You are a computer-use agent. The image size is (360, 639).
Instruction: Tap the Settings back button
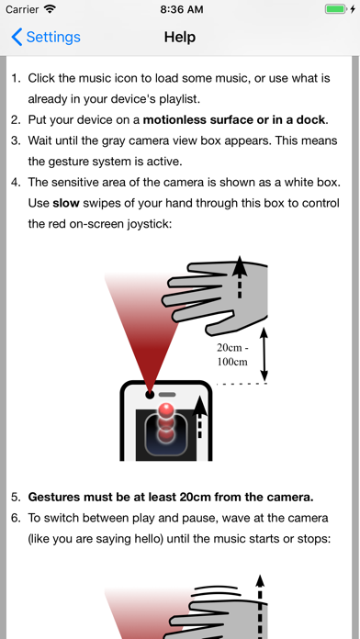tap(46, 37)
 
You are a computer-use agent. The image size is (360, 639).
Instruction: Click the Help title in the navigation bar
tap(180, 37)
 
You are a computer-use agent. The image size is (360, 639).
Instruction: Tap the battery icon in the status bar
tap(335, 9)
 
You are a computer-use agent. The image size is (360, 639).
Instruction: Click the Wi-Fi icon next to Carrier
tap(51, 9)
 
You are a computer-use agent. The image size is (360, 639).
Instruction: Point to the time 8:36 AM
tap(182, 9)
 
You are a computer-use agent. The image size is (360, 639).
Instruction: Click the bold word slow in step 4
tap(66, 203)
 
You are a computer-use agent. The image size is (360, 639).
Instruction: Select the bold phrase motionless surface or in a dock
tap(234, 119)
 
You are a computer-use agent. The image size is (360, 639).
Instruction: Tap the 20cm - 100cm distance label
tap(232, 354)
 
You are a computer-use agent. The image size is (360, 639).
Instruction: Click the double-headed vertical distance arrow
tap(264, 354)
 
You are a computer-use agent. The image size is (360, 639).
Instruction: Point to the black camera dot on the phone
tap(150, 395)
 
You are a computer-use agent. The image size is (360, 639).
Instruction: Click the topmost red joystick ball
tap(166, 409)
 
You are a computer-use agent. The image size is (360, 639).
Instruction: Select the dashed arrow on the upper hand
tap(240, 278)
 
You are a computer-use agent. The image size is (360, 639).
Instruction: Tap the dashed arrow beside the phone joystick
tap(199, 417)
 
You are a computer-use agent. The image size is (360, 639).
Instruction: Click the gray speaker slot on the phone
tap(167, 395)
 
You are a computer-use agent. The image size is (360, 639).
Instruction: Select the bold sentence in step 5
tap(171, 498)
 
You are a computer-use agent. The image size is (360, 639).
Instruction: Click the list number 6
tap(16, 518)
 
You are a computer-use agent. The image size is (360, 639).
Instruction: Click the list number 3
tap(16, 140)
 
